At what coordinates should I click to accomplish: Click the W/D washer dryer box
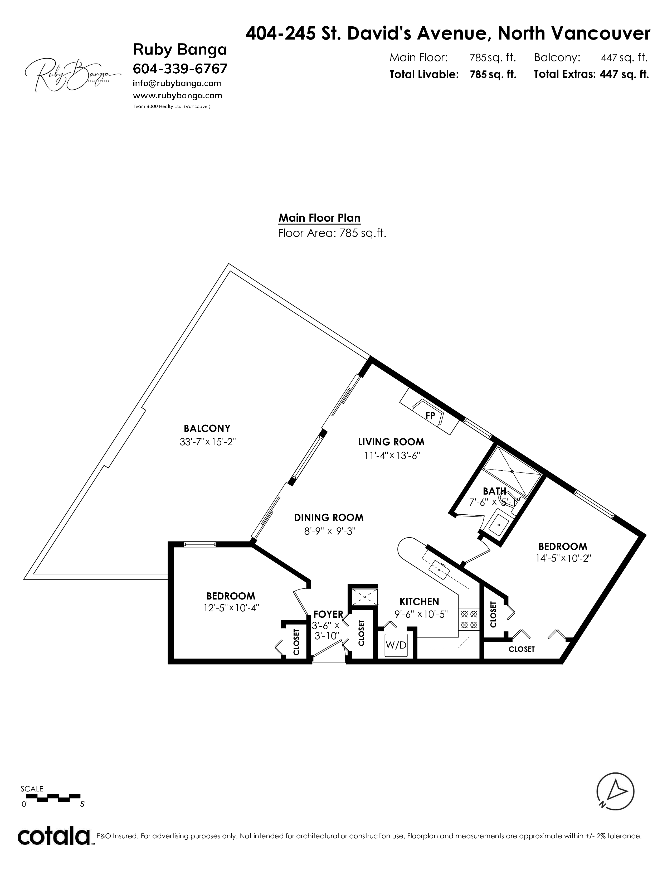pos(396,645)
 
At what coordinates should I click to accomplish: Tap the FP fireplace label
pos(430,415)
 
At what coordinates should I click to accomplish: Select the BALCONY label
pos(207,428)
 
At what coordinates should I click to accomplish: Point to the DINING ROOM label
pos(329,518)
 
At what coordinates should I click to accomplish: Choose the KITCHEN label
pos(419,602)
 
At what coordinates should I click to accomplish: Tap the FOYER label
pos(328,614)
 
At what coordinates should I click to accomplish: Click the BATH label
pos(494,491)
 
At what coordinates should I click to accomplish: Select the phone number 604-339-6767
pos(180,69)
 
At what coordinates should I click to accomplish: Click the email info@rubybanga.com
pos(177,84)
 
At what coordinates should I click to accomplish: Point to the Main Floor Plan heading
pos(320,218)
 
